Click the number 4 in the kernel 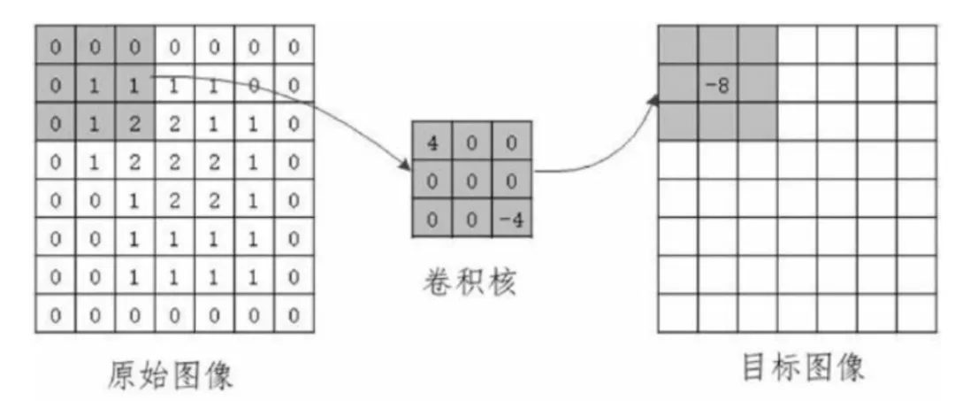[x=432, y=144]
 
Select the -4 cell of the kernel [x=512, y=219]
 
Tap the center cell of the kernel [x=472, y=181]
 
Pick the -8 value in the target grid [x=717, y=85]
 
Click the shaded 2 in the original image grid [x=134, y=124]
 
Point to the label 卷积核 [x=469, y=282]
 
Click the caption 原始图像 [x=171, y=374]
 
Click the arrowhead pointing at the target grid [x=654, y=100]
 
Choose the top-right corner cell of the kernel [x=512, y=143]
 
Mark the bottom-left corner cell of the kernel [x=432, y=219]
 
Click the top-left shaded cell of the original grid [x=56, y=46]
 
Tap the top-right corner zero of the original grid [x=294, y=47]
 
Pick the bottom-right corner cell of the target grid [x=917, y=312]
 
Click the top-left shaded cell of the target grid [x=678, y=45]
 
